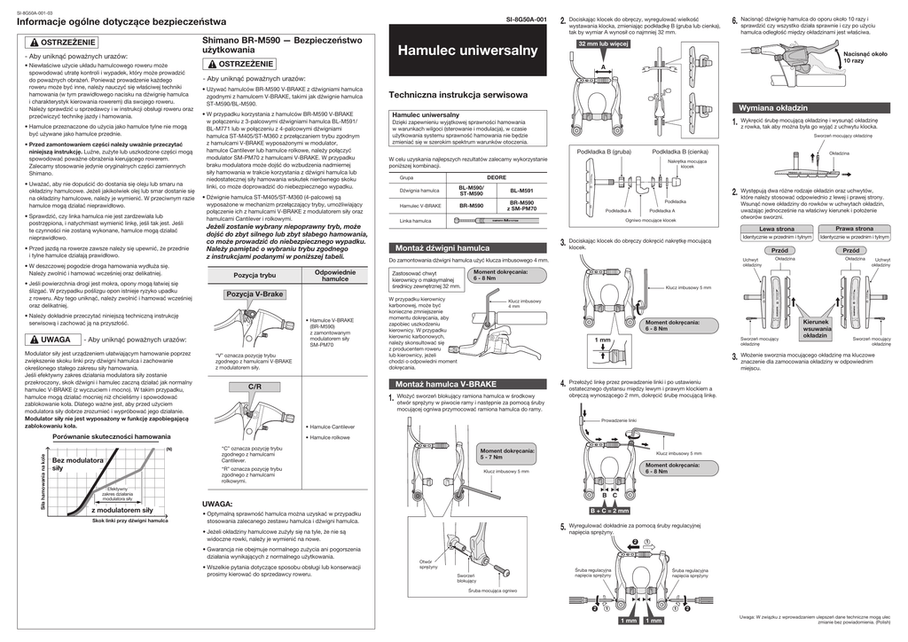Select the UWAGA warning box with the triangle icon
(x=49, y=340)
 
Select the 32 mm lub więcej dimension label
(x=603, y=43)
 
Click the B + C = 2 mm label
(x=608, y=511)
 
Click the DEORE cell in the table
(x=497, y=177)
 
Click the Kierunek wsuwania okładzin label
(x=816, y=328)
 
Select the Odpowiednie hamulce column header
(x=335, y=275)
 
